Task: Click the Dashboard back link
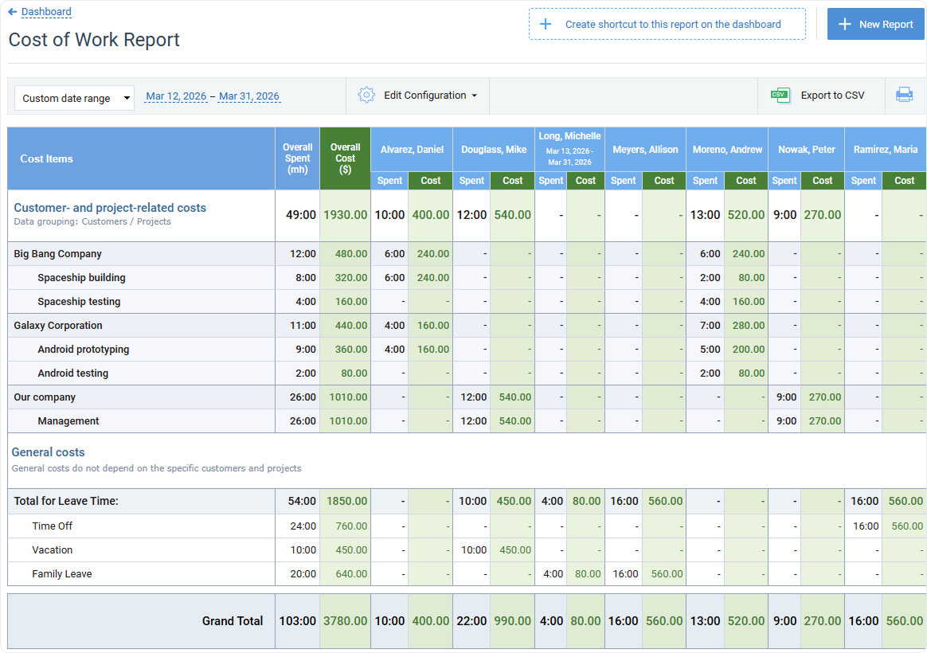point(45,12)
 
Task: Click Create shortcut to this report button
point(667,25)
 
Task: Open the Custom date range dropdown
point(74,98)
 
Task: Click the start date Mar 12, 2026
point(176,96)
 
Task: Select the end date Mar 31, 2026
point(249,96)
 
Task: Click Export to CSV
point(820,96)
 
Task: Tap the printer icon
point(904,96)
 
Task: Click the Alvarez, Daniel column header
point(412,150)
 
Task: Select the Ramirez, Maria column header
point(885,150)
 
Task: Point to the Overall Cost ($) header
point(345,158)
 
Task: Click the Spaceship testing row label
point(79,302)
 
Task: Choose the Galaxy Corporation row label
point(58,326)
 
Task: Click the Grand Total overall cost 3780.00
point(345,621)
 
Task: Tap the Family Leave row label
point(62,574)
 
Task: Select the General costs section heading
point(48,452)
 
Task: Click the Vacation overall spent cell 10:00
point(303,550)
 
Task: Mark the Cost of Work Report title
point(94,40)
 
